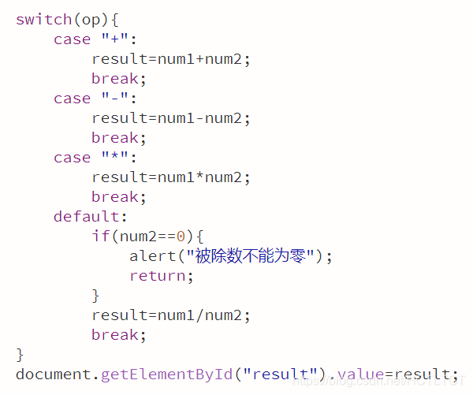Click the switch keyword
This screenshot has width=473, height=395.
[x=40, y=19]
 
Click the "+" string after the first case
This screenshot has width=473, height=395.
[x=114, y=39]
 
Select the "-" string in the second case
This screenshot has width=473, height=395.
[x=114, y=99]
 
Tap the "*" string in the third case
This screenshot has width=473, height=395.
[x=114, y=158]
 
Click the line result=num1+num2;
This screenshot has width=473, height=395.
[x=171, y=59]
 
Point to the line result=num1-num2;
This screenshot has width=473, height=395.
[x=171, y=118]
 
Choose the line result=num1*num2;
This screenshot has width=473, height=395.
[x=171, y=177]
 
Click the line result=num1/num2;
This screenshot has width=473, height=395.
[x=171, y=315]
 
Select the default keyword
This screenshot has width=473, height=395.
[x=88, y=216]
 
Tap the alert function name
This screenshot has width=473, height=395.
[x=153, y=255]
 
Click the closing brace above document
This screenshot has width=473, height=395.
[x=20, y=354]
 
